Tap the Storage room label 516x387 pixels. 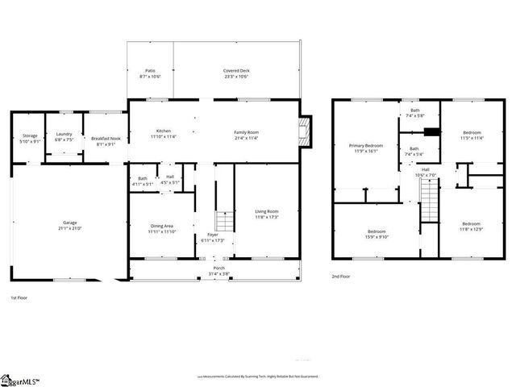coord(30,136)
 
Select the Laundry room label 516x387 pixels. coord(64,136)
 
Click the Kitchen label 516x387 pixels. coord(164,131)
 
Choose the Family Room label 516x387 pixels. coord(246,131)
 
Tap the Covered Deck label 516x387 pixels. coord(235,71)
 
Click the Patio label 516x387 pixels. coord(151,71)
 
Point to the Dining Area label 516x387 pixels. coord(163,226)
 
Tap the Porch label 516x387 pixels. coord(218,268)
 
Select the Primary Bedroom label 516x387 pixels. coord(365,146)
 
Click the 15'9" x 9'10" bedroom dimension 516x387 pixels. coord(377,236)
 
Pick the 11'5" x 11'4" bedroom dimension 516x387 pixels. coord(472,138)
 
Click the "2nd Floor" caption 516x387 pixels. coord(341,276)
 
